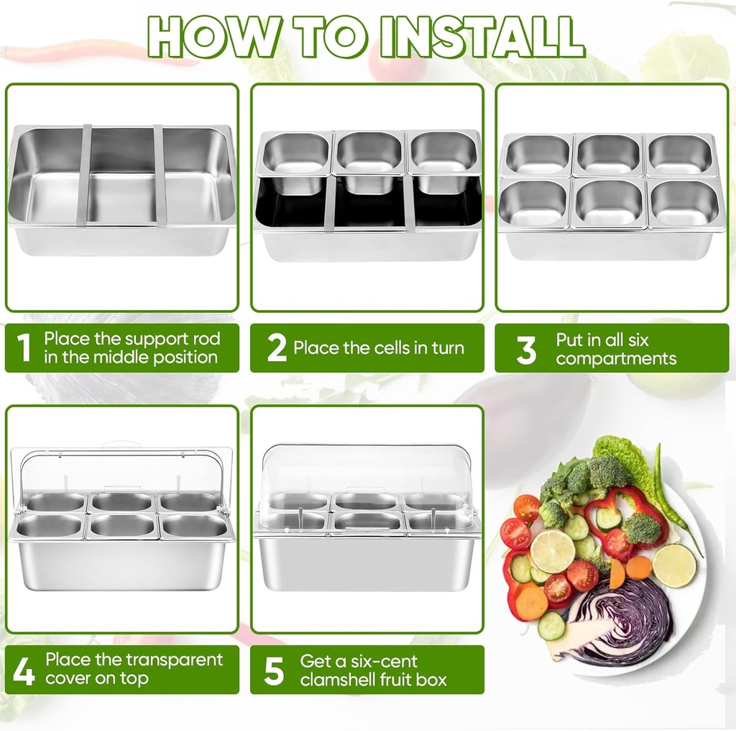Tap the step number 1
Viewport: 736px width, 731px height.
click(24, 348)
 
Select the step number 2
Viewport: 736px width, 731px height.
click(276, 348)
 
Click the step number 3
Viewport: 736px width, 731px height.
click(526, 349)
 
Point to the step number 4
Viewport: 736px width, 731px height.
click(24, 670)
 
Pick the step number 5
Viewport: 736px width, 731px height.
click(274, 670)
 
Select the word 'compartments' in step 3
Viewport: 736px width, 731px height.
click(616, 358)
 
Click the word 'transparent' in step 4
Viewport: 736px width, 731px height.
click(175, 659)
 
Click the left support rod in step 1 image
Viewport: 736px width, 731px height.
click(85, 174)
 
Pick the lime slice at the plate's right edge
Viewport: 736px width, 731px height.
click(674, 565)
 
